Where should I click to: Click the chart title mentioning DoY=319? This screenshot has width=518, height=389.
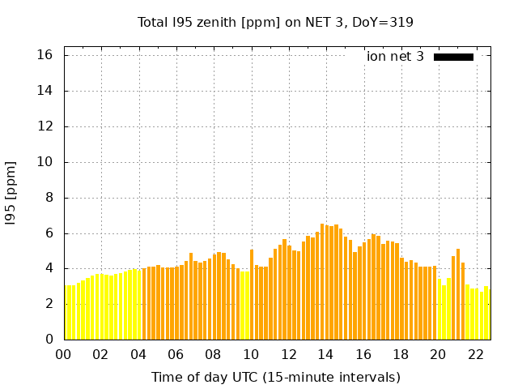275,23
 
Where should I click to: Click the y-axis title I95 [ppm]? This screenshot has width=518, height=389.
11,193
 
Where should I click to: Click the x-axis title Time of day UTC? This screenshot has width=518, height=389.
275,377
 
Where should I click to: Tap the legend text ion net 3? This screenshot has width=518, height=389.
395,57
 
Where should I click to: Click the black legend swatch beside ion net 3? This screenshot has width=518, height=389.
453,57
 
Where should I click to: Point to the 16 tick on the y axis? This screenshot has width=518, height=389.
45,55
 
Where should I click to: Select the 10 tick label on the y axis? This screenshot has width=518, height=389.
45,162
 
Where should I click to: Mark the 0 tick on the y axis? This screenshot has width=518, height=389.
49,340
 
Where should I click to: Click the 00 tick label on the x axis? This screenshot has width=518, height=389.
64,354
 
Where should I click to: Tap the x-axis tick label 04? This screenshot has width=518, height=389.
138,354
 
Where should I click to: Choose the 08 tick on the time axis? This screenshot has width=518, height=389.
214,354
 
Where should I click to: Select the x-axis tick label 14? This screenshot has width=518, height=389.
325,354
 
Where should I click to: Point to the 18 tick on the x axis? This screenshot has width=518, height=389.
401,354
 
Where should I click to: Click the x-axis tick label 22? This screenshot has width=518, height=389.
475,354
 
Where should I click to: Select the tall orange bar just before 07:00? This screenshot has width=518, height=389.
191,297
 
